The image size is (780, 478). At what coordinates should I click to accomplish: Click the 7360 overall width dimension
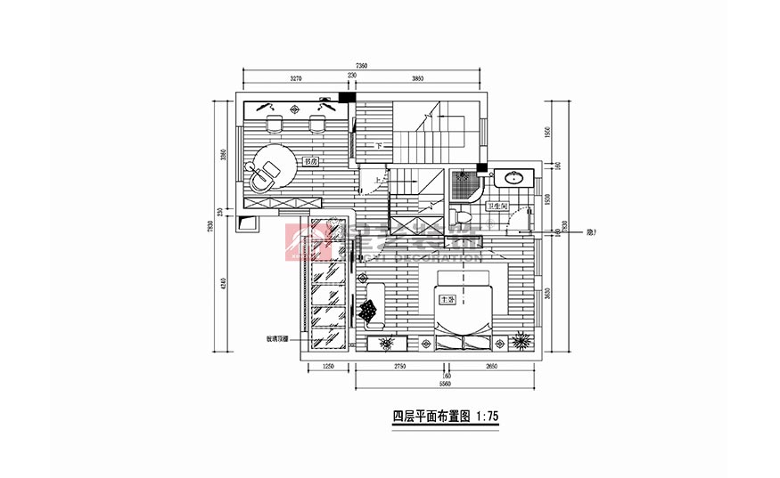tap(361, 67)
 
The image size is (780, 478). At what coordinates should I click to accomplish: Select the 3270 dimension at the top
tap(295, 79)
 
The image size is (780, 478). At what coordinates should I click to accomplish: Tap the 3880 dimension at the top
tap(417, 79)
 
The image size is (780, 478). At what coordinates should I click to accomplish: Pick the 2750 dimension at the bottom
tap(398, 366)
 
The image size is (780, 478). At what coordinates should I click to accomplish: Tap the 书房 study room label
tap(310, 162)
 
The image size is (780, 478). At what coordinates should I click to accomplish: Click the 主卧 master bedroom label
tap(448, 300)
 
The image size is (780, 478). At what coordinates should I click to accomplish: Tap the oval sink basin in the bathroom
tap(513, 178)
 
